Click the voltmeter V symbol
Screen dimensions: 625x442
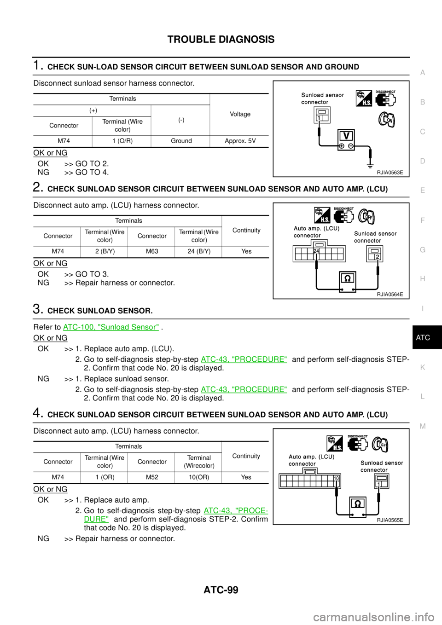click(346, 136)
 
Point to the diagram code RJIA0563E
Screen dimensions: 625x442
click(390, 173)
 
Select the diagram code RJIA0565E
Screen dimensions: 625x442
click(390, 520)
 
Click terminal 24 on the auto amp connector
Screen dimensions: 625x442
click(316, 251)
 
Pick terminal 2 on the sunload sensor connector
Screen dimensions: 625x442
click(378, 257)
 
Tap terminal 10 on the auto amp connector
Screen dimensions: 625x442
click(337, 479)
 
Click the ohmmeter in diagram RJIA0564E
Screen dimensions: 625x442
click(347, 279)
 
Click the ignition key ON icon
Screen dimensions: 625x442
click(386, 120)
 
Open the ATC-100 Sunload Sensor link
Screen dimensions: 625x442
click(111, 327)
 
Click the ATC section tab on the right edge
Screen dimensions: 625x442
click(423, 338)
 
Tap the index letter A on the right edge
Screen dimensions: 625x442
click(423, 73)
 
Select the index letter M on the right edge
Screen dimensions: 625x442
click(423, 426)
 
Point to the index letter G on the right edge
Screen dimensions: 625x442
click(423, 249)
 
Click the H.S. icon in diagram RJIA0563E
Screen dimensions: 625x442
click(364, 99)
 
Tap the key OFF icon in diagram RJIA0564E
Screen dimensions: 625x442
click(367, 216)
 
